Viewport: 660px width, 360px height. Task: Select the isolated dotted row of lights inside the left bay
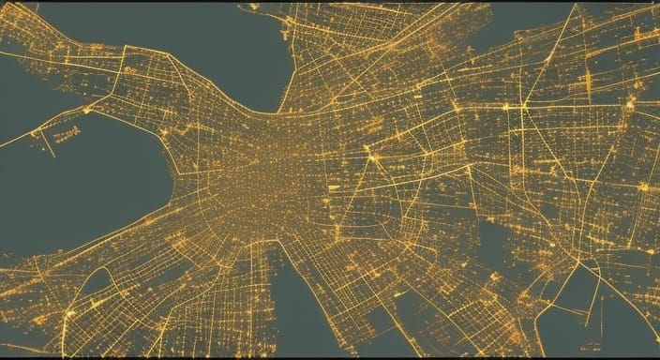[x=66, y=135]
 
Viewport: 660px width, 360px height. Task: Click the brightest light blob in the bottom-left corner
[x=69, y=312]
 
